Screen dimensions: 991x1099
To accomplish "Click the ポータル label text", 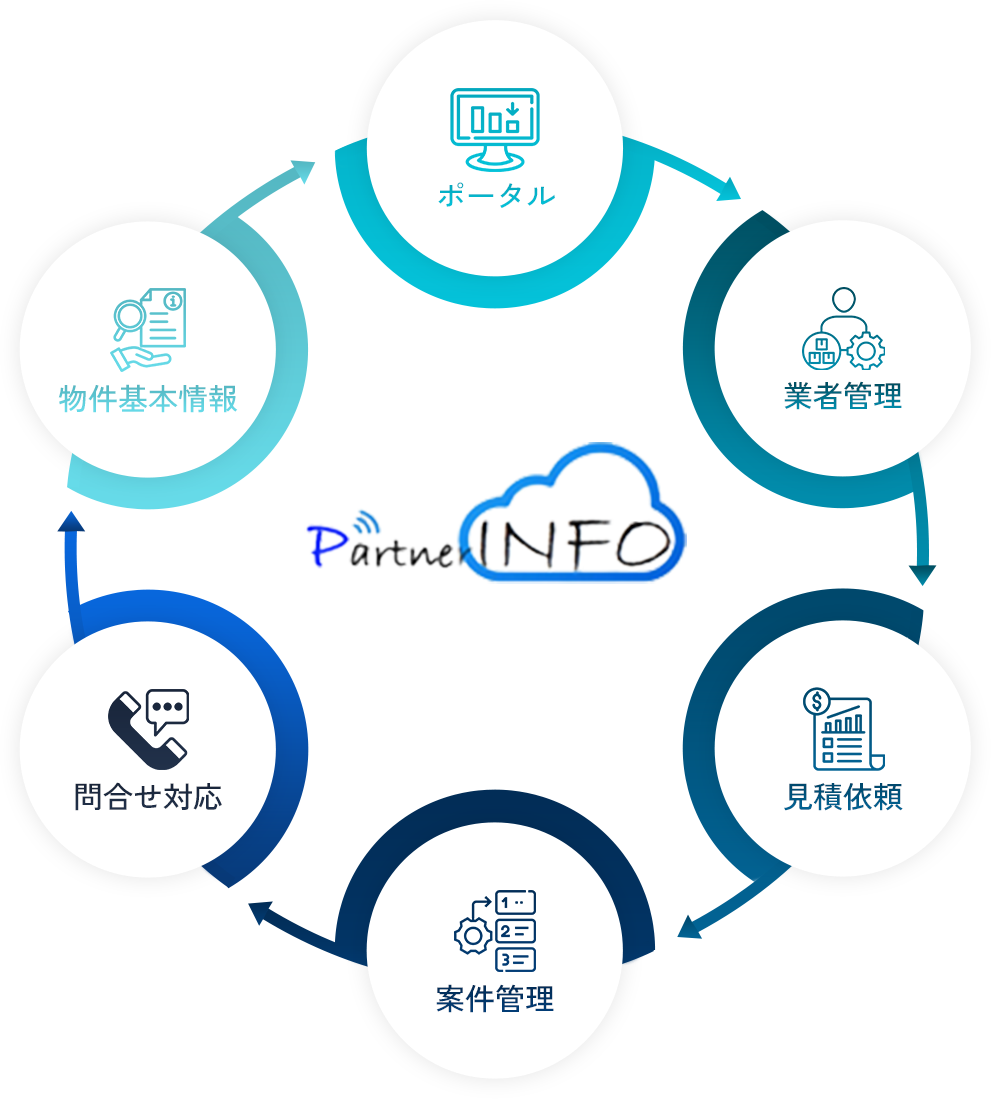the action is click(x=496, y=195).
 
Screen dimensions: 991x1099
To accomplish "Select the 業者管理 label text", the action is click(x=842, y=397).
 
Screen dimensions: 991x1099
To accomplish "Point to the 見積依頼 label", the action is click(x=842, y=797).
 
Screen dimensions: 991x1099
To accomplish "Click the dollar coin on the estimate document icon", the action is click(x=816, y=701).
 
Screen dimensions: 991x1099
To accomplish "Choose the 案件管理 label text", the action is click(x=495, y=999).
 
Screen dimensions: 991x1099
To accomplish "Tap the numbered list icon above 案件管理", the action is click(x=516, y=931).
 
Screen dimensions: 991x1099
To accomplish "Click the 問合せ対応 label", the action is click(x=148, y=797).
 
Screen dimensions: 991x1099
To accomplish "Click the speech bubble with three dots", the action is click(x=168, y=710).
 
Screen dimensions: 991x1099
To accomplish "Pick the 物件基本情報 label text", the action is click(x=148, y=399).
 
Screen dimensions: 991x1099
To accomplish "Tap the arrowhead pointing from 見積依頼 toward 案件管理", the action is click(x=690, y=927).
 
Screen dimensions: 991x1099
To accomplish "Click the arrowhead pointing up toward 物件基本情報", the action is click(x=71, y=521).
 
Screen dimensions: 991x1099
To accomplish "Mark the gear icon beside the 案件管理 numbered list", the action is click(x=473, y=936).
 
